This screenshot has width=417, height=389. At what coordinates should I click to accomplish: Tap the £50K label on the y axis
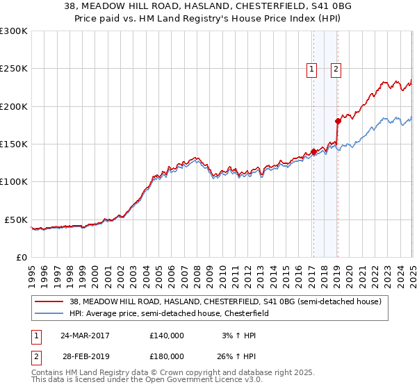click(16, 220)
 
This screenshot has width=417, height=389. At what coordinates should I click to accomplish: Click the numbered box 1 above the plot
click(311, 69)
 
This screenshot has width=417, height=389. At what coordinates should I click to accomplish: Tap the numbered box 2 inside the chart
click(336, 69)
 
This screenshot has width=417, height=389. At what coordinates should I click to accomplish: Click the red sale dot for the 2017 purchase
click(313, 151)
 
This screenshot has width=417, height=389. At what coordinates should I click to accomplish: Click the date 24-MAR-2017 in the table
click(84, 335)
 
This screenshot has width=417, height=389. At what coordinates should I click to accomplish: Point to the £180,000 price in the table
click(167, 356)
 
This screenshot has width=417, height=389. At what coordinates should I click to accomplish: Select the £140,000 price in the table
click(167, 335)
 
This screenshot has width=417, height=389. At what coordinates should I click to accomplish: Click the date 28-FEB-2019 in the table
click(84, 356)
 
